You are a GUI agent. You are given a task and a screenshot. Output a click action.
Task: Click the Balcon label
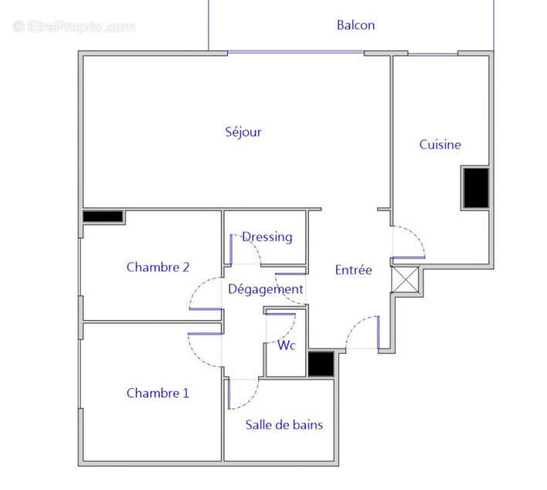[355, 25]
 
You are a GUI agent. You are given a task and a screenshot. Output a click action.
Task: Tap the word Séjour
[243, 132]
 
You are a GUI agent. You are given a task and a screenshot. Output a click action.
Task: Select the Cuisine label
[440, 145]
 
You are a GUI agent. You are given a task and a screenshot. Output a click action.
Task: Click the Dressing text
[267, 236]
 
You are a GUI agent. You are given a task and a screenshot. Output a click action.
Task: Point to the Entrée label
[353, 270]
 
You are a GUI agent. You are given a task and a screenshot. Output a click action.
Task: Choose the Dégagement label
[265, 289]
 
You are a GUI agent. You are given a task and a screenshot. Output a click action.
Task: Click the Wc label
[287, 345]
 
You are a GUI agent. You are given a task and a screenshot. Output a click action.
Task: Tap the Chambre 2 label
[158, 267]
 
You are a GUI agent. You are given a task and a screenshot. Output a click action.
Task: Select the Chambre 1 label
[158, 393]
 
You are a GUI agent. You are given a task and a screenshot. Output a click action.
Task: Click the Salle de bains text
[284, 424]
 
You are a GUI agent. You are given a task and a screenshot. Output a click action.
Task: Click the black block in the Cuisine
[476, 187]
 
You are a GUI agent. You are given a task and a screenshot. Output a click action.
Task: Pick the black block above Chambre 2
[103, 217]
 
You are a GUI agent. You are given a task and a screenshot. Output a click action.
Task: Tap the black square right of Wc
[320, 364]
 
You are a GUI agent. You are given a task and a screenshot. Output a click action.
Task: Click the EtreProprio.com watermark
[73, 26]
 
